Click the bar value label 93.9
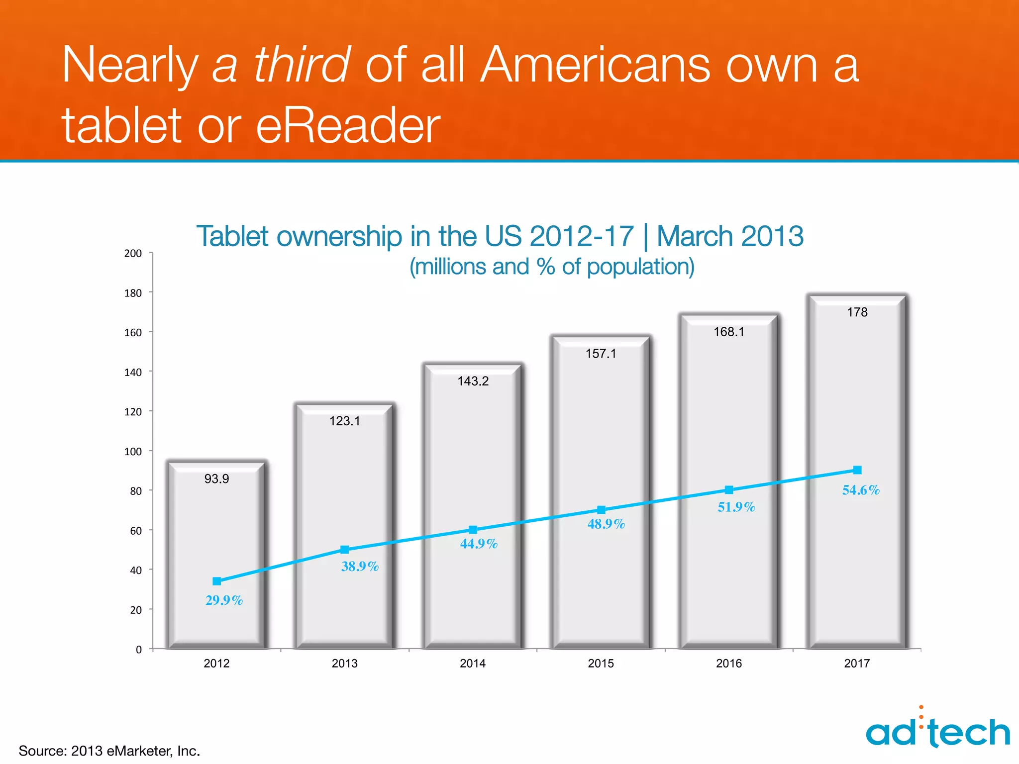(x=216, y=479)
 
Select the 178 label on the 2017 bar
(x=857, y=312)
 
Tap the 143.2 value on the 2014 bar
(x=473, y=382)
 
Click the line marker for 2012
(x=216, y=581)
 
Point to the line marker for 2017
(x=857, y=470)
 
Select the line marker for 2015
(x=601, y=510)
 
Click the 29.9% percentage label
(x=224, y=600)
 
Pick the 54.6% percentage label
(x=861, y=490)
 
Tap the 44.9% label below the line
(x=479, y=544)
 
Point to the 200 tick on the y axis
(x=133, y=253)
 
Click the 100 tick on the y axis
(x=133, y=452)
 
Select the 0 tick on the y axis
(x=139, y=650)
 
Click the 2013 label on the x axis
(x=344, y=664)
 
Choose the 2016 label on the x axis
(x=728, y=664)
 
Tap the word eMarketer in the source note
(x=140, y=751)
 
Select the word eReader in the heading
(x=348, y=125)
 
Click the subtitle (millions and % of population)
(x=551, y=267)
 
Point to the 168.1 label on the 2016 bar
(x=728, y=332)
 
